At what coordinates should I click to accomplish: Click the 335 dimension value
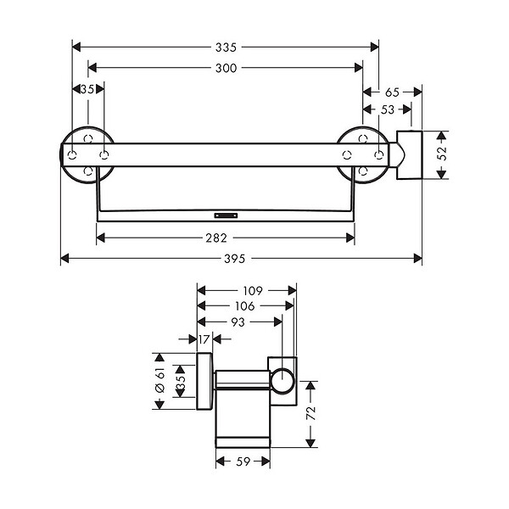[x=226, y=48]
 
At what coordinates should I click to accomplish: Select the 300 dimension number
[x=226, y=68]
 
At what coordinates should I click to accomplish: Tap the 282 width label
[x=216, y=238]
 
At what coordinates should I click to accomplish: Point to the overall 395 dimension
[x=235, y=259]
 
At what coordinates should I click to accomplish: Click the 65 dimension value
[x=392, y=92]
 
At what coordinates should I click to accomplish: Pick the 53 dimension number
[x=388, y=109]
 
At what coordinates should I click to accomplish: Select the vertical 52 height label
[x=442, y=154]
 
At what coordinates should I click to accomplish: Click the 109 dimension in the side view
[x=253, y=290]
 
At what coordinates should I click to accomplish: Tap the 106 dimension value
[x=245, y=305]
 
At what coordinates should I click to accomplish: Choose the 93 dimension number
[x=238, y=322]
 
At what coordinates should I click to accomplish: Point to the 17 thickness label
[x=204, y=339]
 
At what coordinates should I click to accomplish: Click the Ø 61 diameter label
[x=160, y=380]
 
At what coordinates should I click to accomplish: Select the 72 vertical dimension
[x=311, y=413]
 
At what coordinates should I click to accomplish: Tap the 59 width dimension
[x=243, y=461]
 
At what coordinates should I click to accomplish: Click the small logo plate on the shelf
[x=226, y=215]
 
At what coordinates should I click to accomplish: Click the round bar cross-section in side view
[x=282, y=381]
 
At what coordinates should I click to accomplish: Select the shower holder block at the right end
[x=410, y=155]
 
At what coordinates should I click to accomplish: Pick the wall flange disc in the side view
[x=204, y=381]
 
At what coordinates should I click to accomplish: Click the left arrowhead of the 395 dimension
[x=64, y=259]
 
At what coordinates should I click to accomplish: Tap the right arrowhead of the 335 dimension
[x=375, y=47]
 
